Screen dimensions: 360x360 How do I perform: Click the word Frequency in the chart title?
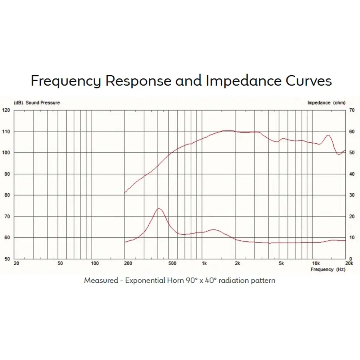coord(66,81)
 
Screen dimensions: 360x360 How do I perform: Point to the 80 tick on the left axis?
coord(7,195)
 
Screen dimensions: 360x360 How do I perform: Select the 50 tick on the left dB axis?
coord(7,259)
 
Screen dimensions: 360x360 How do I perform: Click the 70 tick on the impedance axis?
coord(352,110)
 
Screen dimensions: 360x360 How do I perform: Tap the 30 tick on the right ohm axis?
coord(352,195)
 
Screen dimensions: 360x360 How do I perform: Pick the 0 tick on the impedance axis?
coord(350,259)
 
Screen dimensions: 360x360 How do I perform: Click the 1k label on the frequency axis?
coord(204,264)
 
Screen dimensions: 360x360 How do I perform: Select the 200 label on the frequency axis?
coord(128,264)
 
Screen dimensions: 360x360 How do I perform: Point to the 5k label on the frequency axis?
coord(281,264)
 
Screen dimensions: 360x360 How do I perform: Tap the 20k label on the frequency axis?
coord(349,264)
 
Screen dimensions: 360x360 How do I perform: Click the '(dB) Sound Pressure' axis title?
coord(37,103)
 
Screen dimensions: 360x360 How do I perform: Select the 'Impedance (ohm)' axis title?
coord(326,103)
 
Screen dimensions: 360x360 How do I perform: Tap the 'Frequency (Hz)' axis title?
coord(328,270)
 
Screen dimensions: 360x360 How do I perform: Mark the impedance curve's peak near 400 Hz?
coord(159,208)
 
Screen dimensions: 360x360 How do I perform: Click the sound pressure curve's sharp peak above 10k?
coord(328,135)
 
